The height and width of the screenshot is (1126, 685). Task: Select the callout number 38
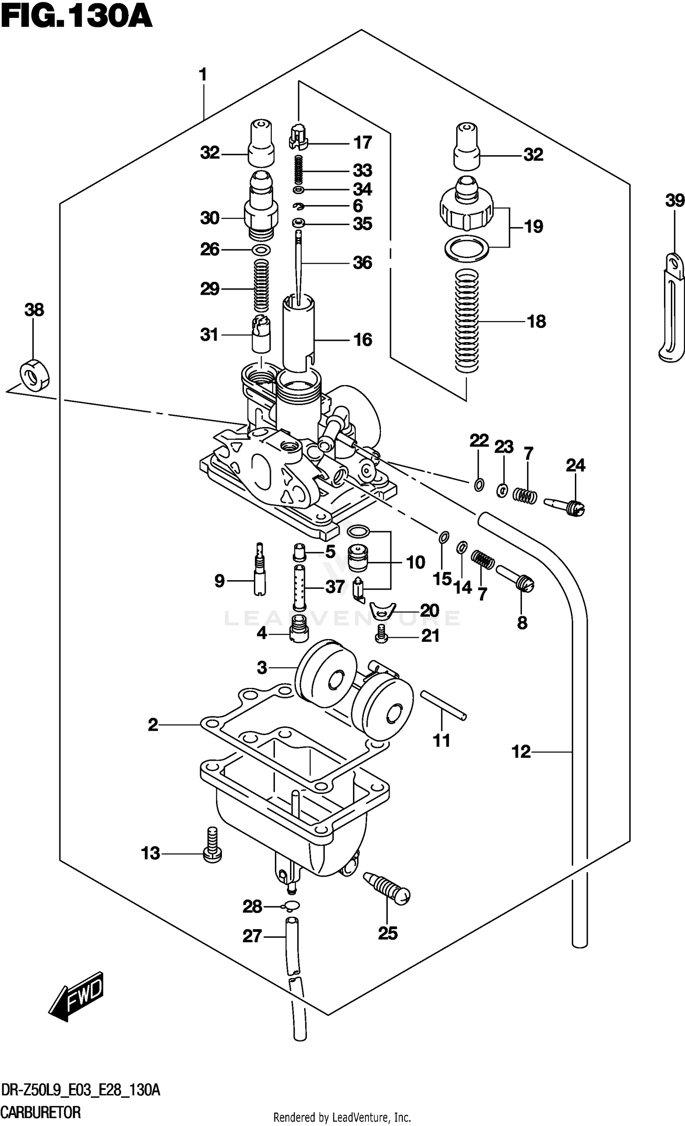click(34, 310)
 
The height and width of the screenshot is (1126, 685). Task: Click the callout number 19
click(533, 227)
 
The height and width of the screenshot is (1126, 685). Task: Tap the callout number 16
click(363, 339)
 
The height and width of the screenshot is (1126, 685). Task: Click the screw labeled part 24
click(565, 506)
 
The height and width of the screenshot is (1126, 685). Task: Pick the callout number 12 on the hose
click(521, 751)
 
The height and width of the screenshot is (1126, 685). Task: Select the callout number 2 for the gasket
click(153, 724)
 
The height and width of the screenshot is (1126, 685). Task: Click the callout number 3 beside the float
click(262, 668)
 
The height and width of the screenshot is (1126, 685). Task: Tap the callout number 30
click(210, 218)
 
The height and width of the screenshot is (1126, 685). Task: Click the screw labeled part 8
click(515, 579)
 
